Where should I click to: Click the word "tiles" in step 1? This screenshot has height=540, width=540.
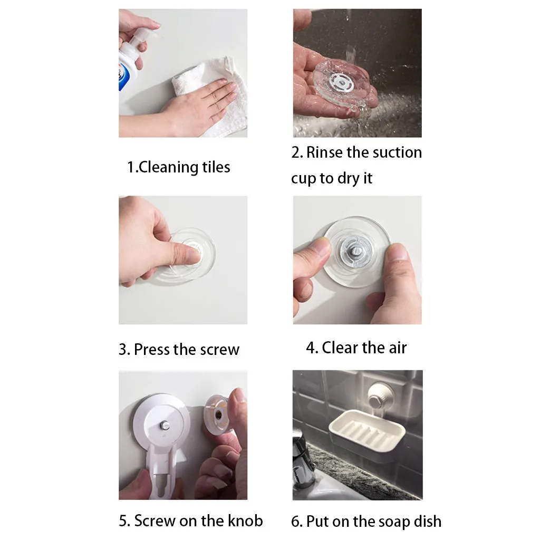pyautogui.click(x=216, y=167)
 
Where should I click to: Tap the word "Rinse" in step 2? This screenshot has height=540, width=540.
pyautogui.click(x=325, y=152)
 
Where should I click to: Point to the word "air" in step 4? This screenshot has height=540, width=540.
pyautogui.click(x=398, y=348)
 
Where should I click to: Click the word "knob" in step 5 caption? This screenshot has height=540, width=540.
pyautogui.click(x=245, y=520)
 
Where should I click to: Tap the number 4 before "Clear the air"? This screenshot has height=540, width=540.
pyautogui.click(x=311, y=348)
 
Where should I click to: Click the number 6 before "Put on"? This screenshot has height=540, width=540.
pyautogui.click(x=296, y=522)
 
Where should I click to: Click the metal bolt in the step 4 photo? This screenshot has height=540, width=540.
pyautogui.click(x=356, y=249)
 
